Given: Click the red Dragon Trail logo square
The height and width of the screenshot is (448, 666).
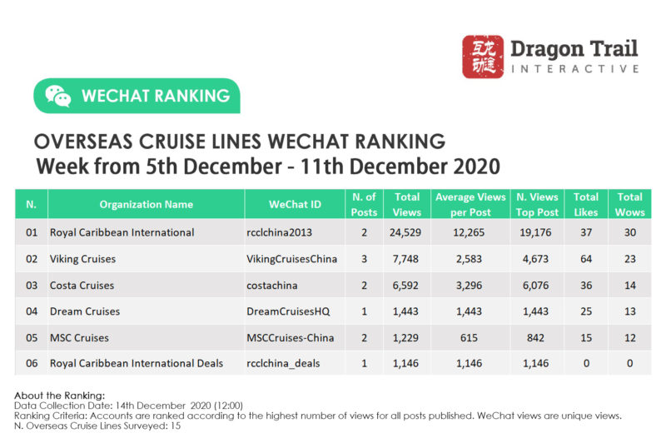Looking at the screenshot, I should pos(482,57).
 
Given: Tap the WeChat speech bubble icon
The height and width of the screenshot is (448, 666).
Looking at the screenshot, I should pos(57,96).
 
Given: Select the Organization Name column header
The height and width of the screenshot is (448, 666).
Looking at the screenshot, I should pos(146,204).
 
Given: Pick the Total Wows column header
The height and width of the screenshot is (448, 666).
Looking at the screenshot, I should pos(629,204).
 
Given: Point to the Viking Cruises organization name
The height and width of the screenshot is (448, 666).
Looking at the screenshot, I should pos(82,259).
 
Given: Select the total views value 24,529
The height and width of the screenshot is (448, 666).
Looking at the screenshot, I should pos(407,232).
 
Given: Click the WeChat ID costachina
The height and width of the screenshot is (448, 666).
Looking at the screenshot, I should pos(274,286).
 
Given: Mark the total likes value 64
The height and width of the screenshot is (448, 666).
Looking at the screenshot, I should pos(586,259).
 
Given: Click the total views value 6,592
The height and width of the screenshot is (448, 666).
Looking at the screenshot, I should pos(407,286).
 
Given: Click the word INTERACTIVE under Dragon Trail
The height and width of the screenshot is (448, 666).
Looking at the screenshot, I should pos(574,68).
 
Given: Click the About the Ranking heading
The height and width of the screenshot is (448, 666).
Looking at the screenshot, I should pos(60,394).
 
